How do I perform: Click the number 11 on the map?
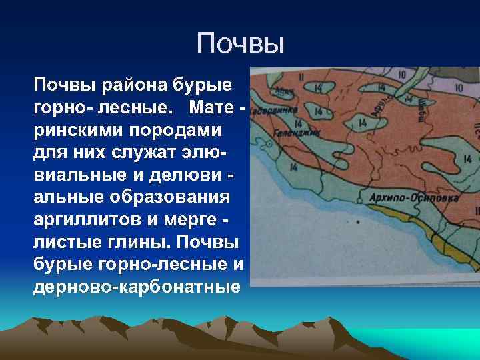click(x=301, y=77)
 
